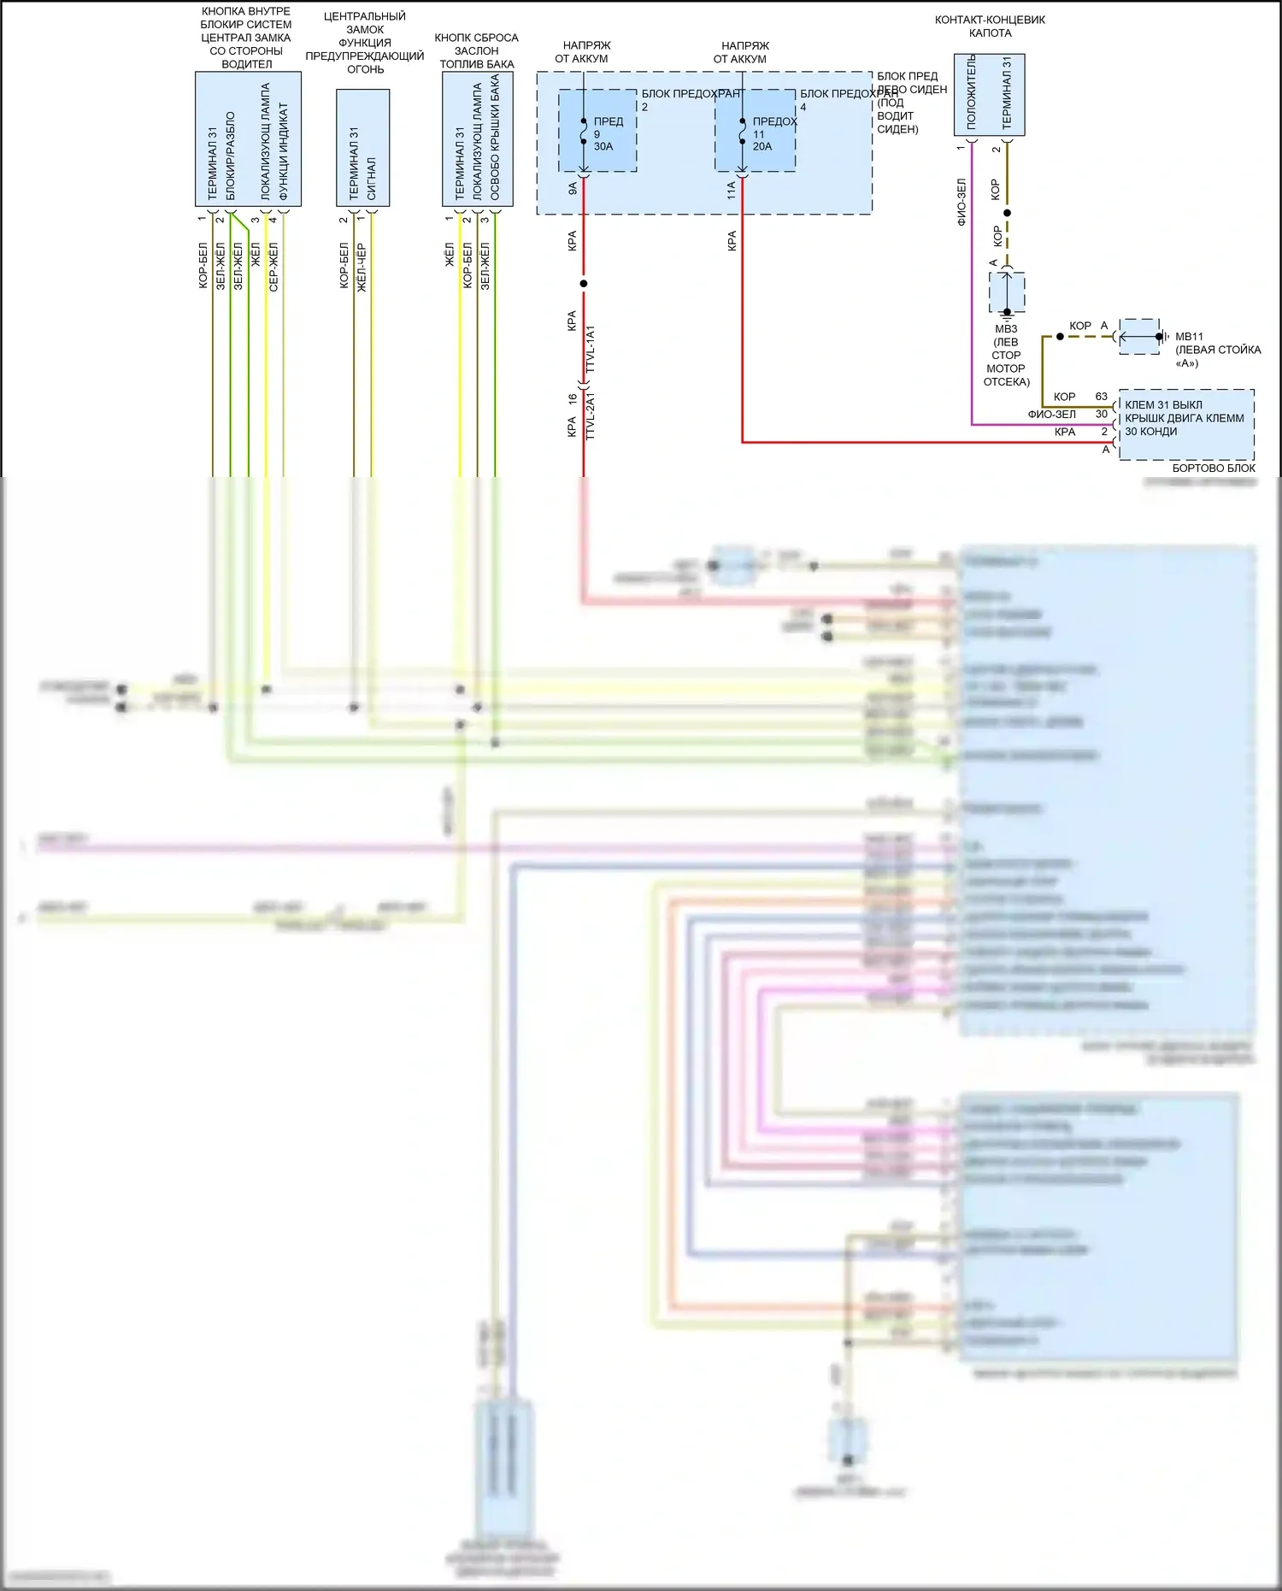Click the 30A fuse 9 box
[x=597, y=131]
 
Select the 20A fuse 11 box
[x=756, y=131]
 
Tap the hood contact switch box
[x=989, y=95]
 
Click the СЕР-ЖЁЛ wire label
[x=273, y=267]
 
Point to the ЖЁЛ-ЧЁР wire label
[x=362, y=268]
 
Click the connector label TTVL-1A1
[x=591, y=349]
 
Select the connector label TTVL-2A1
[x=591, y=416]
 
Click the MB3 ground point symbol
[x=1007, y=292]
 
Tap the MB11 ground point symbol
[x=1140, y=337]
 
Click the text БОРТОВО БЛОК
[x=1213, y=468]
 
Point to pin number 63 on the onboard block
[x=1101, y=397]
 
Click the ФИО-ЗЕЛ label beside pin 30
[x=1051, y=415]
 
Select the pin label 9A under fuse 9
[x=572, y=188]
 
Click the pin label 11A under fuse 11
[x=731, y=190]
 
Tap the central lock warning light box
[x=362, y=148]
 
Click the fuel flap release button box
[x=477, y=138]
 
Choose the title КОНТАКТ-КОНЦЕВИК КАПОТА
[x=990, y=27]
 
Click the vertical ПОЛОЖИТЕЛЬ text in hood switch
[x=971, y=92]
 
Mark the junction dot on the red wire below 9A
[x=584, y=283]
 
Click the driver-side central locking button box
[x=248, y=138]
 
